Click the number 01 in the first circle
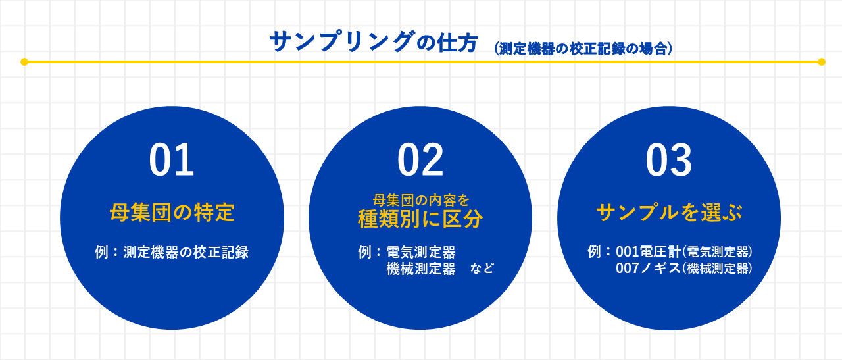click(x=172, y=161)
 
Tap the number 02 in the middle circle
click(x=420, y=161)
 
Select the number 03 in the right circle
click(x=668, y=161)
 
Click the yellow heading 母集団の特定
click(x=172, y=213)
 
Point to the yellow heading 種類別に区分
click(x=420, y=219)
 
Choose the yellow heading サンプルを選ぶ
click(x=669, y=213)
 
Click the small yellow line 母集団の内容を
click(x=420, y=199)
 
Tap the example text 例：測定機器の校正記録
click(x=172, y=252)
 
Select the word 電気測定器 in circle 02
click(x=421, y=252)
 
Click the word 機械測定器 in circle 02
click(x=421, y=269)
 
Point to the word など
click(x=482, y=269)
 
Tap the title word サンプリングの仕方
click(x=373, y=43)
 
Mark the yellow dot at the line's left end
click(x=24, y=62)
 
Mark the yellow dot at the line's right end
click(x=821, y=62)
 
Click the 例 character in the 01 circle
click(x=101, y=252)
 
